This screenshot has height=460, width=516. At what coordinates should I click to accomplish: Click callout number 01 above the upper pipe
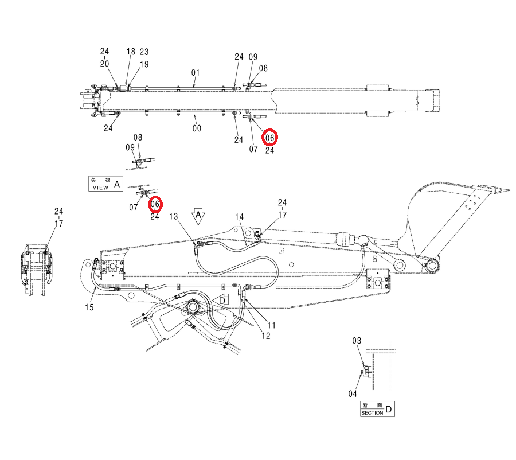click(x=196, y=72)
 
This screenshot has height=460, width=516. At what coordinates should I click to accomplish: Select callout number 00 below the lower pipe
click(x=197, y=128)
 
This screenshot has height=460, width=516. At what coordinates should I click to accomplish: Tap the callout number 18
click(x=131, y=52)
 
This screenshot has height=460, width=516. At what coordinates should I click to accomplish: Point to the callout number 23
click(x=144, y=52)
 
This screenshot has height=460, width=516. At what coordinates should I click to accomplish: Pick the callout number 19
click(x=144, y=64)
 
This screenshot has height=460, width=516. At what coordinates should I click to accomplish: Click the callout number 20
click(x=105, y=64)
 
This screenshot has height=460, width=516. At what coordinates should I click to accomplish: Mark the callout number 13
click(x=173, y=216)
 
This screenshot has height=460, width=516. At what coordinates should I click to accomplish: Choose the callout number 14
click(x=239, y=217)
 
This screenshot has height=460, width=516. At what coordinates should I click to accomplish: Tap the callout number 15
click(x=89, y=307)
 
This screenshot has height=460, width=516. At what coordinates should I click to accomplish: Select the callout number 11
click(x=272, y=325)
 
